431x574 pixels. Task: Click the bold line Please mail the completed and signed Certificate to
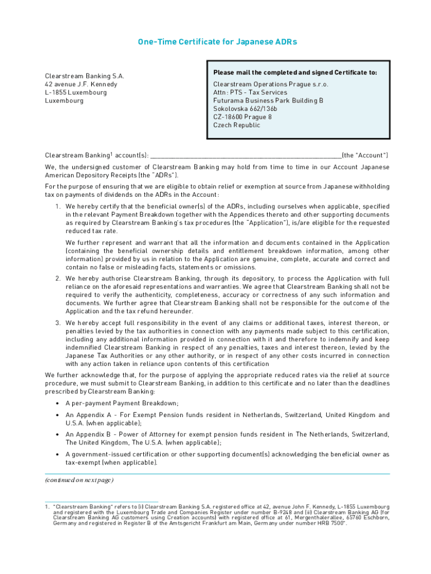(295, 72)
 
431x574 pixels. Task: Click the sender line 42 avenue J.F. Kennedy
(81, 84)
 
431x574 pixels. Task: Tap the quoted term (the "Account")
(365, 155)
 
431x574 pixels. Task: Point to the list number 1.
(58, 207)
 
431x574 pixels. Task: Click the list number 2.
(58, 279)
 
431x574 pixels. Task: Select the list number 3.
(58, 323)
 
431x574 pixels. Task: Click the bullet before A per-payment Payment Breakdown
(58, 404)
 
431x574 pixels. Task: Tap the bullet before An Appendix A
(58, 415)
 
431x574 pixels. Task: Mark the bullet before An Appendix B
(58, 435)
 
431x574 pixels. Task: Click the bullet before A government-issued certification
(58, 455)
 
